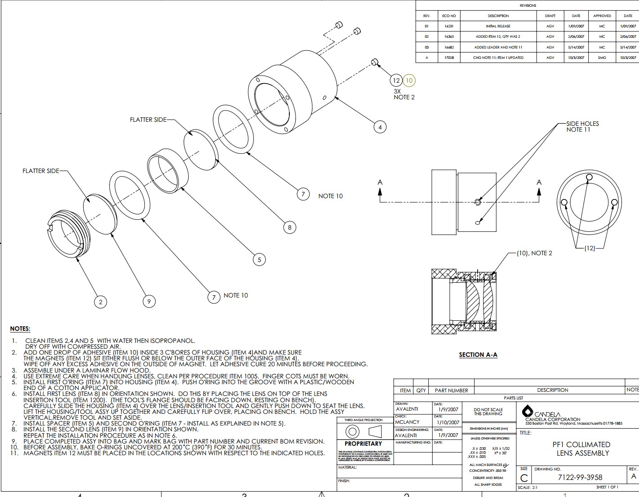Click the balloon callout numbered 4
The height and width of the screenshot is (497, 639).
click(380, 127)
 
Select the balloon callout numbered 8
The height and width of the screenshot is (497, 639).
click(289, 227)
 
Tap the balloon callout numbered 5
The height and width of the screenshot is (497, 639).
click(259, 259)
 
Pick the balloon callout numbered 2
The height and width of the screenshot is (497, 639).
click(101, 302)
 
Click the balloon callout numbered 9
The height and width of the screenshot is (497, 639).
click(149, 302)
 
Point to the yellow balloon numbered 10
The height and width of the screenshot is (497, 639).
click(409, 80)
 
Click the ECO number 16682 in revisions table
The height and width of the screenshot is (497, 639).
click(449, 47)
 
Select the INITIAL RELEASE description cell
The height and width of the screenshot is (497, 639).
click(498, 26)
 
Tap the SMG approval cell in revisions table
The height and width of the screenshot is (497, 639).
click(602, 58)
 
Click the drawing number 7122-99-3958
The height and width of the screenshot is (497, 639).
click(580, 477)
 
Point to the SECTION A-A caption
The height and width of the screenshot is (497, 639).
click(478, 355)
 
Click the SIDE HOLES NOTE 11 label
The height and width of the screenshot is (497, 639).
click(582, 126)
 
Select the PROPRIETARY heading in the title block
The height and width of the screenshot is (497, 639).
click(363, 444)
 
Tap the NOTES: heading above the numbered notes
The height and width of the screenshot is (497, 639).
click(20, 329)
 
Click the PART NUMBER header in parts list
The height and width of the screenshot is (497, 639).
click(451, 390)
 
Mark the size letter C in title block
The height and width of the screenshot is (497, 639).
click(524, 478)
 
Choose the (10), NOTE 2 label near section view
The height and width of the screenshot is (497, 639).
click(534, 253)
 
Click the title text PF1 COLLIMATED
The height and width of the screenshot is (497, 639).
click(582, 444)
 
